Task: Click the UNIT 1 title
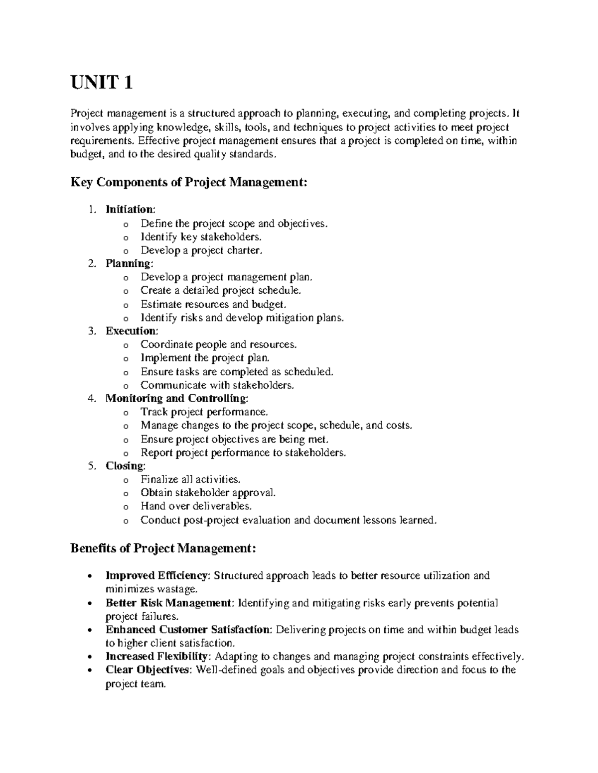[102, 82]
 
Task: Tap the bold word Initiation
[130, 210]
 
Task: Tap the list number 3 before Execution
[91, 331]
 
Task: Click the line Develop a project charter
[201, 250]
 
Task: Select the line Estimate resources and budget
[213, 304]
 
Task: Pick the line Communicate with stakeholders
[217, 385]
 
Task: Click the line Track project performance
[204, 412]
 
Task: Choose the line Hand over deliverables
[196, 506]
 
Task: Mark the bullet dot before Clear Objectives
[89, 670]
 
